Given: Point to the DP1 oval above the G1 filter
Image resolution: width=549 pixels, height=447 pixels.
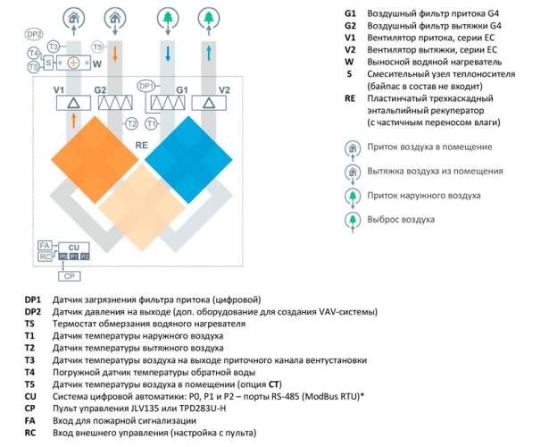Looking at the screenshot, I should pyautogui.click(x=147, y=85).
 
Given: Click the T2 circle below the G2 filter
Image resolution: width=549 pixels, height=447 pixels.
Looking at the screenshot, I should pyautogui.click(x=131, y=123).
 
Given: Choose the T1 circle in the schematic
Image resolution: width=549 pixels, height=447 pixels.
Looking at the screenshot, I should pyautogui.click(x=152, y=123).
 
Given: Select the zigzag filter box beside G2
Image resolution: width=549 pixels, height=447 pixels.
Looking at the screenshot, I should pyautogui.click(x=113, y=105).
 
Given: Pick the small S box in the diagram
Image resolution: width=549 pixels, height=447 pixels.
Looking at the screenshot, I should pyautogui.click(x=47, y=63).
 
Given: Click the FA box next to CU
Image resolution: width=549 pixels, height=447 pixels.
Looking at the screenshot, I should pyautogui.click(x=44, y=245).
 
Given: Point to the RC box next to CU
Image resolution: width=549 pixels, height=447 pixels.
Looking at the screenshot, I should pyautogui.click(x=44, y=257).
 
